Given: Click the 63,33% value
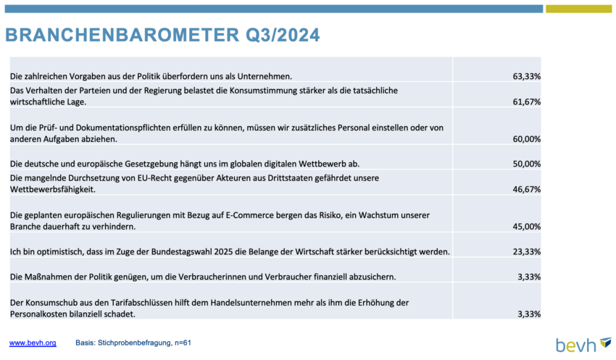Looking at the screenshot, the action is pyautogui.click(x=526, y=76).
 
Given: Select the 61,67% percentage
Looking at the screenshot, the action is pyautogui.click(x=526, y=101).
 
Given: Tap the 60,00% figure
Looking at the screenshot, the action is pyautogui.click(x=526, y=139).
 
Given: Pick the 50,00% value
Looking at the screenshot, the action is pyautogui.click(x=526, y=164).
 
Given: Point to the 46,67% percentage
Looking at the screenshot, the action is pyautogui.click(x=526, y=189).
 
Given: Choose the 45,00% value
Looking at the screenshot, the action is pyautogui.click(x=526, y=227).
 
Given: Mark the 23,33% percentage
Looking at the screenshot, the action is pyautogui.click(x=526, y=251).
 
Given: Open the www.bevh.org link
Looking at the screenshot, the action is pyautogui.click(x=33, y=343).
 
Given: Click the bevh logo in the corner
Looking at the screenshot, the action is pyautogui.click(x=584, y=344).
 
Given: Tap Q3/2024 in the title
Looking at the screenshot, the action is pyautogui.click(x=283, y=35).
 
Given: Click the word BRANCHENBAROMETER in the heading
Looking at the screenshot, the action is pyautogui.click(x=122, y=35).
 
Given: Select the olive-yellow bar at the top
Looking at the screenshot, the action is pyautogui.click(x=578, y=9).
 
